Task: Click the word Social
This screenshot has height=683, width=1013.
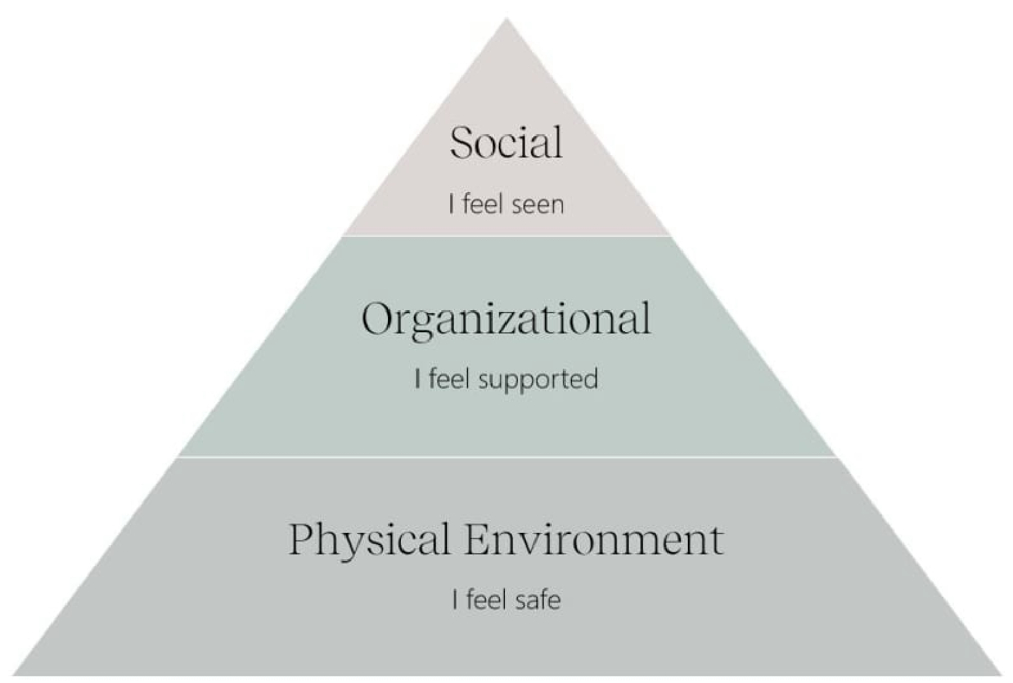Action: [x=506, y=142]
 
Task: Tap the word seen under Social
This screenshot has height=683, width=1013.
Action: [x=538, y=205]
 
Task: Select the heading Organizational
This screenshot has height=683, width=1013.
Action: [x=506, y=319]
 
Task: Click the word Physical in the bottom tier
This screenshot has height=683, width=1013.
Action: [x=369, y=540]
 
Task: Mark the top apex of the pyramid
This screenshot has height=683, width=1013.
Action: [x=506, y=20]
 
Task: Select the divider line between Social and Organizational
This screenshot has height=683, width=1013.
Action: [x=506, y=236]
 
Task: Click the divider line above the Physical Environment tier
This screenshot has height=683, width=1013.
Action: [x=506, y=457]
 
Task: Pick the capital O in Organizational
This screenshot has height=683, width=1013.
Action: [x=377, y=319]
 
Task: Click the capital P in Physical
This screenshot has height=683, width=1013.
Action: [x=304, y=540]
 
